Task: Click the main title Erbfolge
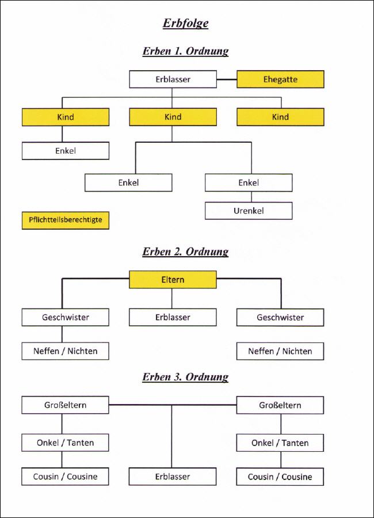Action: click(x=185, y=23)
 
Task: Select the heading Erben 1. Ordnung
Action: click(x=185, y=51)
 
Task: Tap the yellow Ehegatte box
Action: click(x=280, y=79)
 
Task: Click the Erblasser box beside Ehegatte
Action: click(x=173, y=79)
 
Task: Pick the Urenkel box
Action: click(x=249, y=211)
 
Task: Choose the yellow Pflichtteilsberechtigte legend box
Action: click(x=66, y=220)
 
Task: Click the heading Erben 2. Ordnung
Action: click(x=185, y=252)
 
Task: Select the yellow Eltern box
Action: click(x=173, y=280)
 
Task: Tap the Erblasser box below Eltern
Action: click(x=173, y=317)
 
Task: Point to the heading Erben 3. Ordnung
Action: click(x=185, y=377)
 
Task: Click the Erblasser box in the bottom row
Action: click(x=173, y=477)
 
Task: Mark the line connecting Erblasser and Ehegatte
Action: click(x=227, y=79)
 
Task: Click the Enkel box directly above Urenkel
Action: click(x=249, y=182)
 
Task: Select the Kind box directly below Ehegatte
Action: click(x=280, y=117)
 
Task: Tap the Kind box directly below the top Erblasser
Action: click(x=173, y=117)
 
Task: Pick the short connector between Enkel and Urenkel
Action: click(x=251, y=197)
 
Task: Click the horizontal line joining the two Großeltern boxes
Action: click(x=173, y=405)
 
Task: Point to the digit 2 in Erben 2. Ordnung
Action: click(x=177, y=252)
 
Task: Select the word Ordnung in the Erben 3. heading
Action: click(x=207, y=377)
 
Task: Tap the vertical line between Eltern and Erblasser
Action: click(x=172, y=298)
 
